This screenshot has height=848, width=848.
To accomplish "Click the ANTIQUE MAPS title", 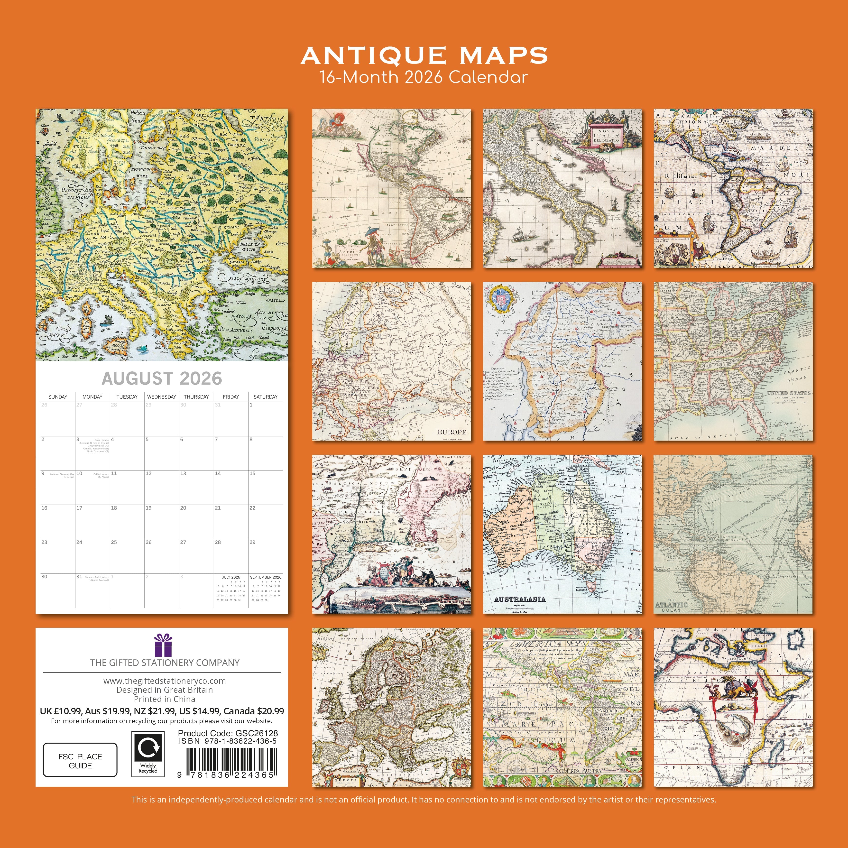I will click(x=424, y=56).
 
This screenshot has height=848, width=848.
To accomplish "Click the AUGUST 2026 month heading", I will click(x=162, y=378).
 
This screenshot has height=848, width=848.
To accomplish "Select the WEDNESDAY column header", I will click(x=162, y=397).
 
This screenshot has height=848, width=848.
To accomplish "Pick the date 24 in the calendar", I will click(x=79, y=543).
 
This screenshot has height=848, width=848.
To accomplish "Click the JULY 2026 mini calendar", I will click(x=231, y=589).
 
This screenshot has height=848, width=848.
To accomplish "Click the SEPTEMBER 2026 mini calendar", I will click(x=266, y=589).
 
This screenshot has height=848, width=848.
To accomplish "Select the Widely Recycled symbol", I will click(x=148, y=754).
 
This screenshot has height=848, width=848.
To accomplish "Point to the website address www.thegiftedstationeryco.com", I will click(x=165, y=681).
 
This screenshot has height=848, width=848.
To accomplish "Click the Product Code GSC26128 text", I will click(x=228, y=733).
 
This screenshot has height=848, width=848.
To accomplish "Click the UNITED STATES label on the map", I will click(x=788, y=393).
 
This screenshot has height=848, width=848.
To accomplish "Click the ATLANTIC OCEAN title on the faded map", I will click(x=671, y=605).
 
